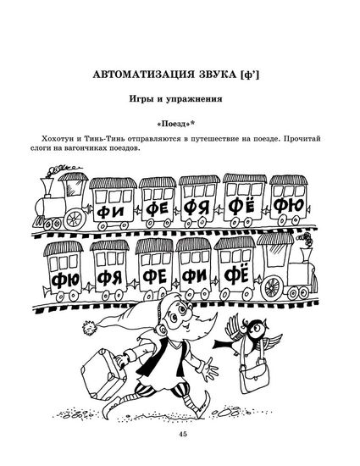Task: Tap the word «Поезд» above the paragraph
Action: pyautogui.click(x=173, y=124)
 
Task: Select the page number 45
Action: pyautogui.click(x=183, y=434)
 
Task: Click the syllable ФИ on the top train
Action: pyautogui.click(x=110, y=212)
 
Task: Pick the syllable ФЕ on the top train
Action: pyautogui.click(x=158, y=210)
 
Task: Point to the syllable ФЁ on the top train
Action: pyautogui.click(x=242, y=207)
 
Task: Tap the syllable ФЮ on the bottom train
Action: pyautogui.click(x=65, y=280)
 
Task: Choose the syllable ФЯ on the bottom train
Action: pyautogui.click(x=109, y=279)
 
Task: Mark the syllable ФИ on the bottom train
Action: pyautogui.click(x=194, y=277)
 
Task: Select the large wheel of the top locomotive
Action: pyautogui.click(x=75, y=219)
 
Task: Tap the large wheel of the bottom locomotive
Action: pyautogui.click(x=272, y=287)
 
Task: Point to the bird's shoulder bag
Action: pyautogui.click(x=254, y=375)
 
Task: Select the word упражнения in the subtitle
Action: pyautogui.click(x=194, y=99)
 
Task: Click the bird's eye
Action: pyautogui.click(x=258, y=327)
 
